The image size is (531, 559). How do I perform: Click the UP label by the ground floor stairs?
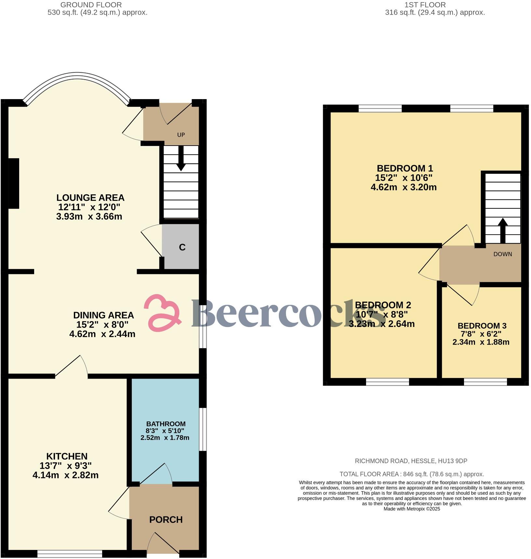[x=181, y=135]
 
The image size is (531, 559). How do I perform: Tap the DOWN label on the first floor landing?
[x=503, y=254]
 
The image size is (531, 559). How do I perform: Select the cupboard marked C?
[x=182, y=247]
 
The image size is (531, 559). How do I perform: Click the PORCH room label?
[x=166, y=520]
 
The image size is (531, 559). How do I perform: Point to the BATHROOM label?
[x=166, y=424]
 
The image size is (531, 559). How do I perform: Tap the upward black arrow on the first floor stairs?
[x=503, y=230]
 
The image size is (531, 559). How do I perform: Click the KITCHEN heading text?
[x=67, y=456]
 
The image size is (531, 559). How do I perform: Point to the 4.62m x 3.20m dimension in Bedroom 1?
[x=403, y=187]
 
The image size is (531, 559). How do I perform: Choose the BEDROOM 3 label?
[x=482, y=326]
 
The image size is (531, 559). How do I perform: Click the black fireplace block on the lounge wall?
[x=14, y=183]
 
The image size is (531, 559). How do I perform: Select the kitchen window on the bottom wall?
[x=70, y=554]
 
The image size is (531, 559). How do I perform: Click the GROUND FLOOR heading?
[x=91, y=5]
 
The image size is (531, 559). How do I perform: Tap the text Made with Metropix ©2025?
[x=412, y=509]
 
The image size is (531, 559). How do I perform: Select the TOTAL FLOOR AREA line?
[x=412, y=474]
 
